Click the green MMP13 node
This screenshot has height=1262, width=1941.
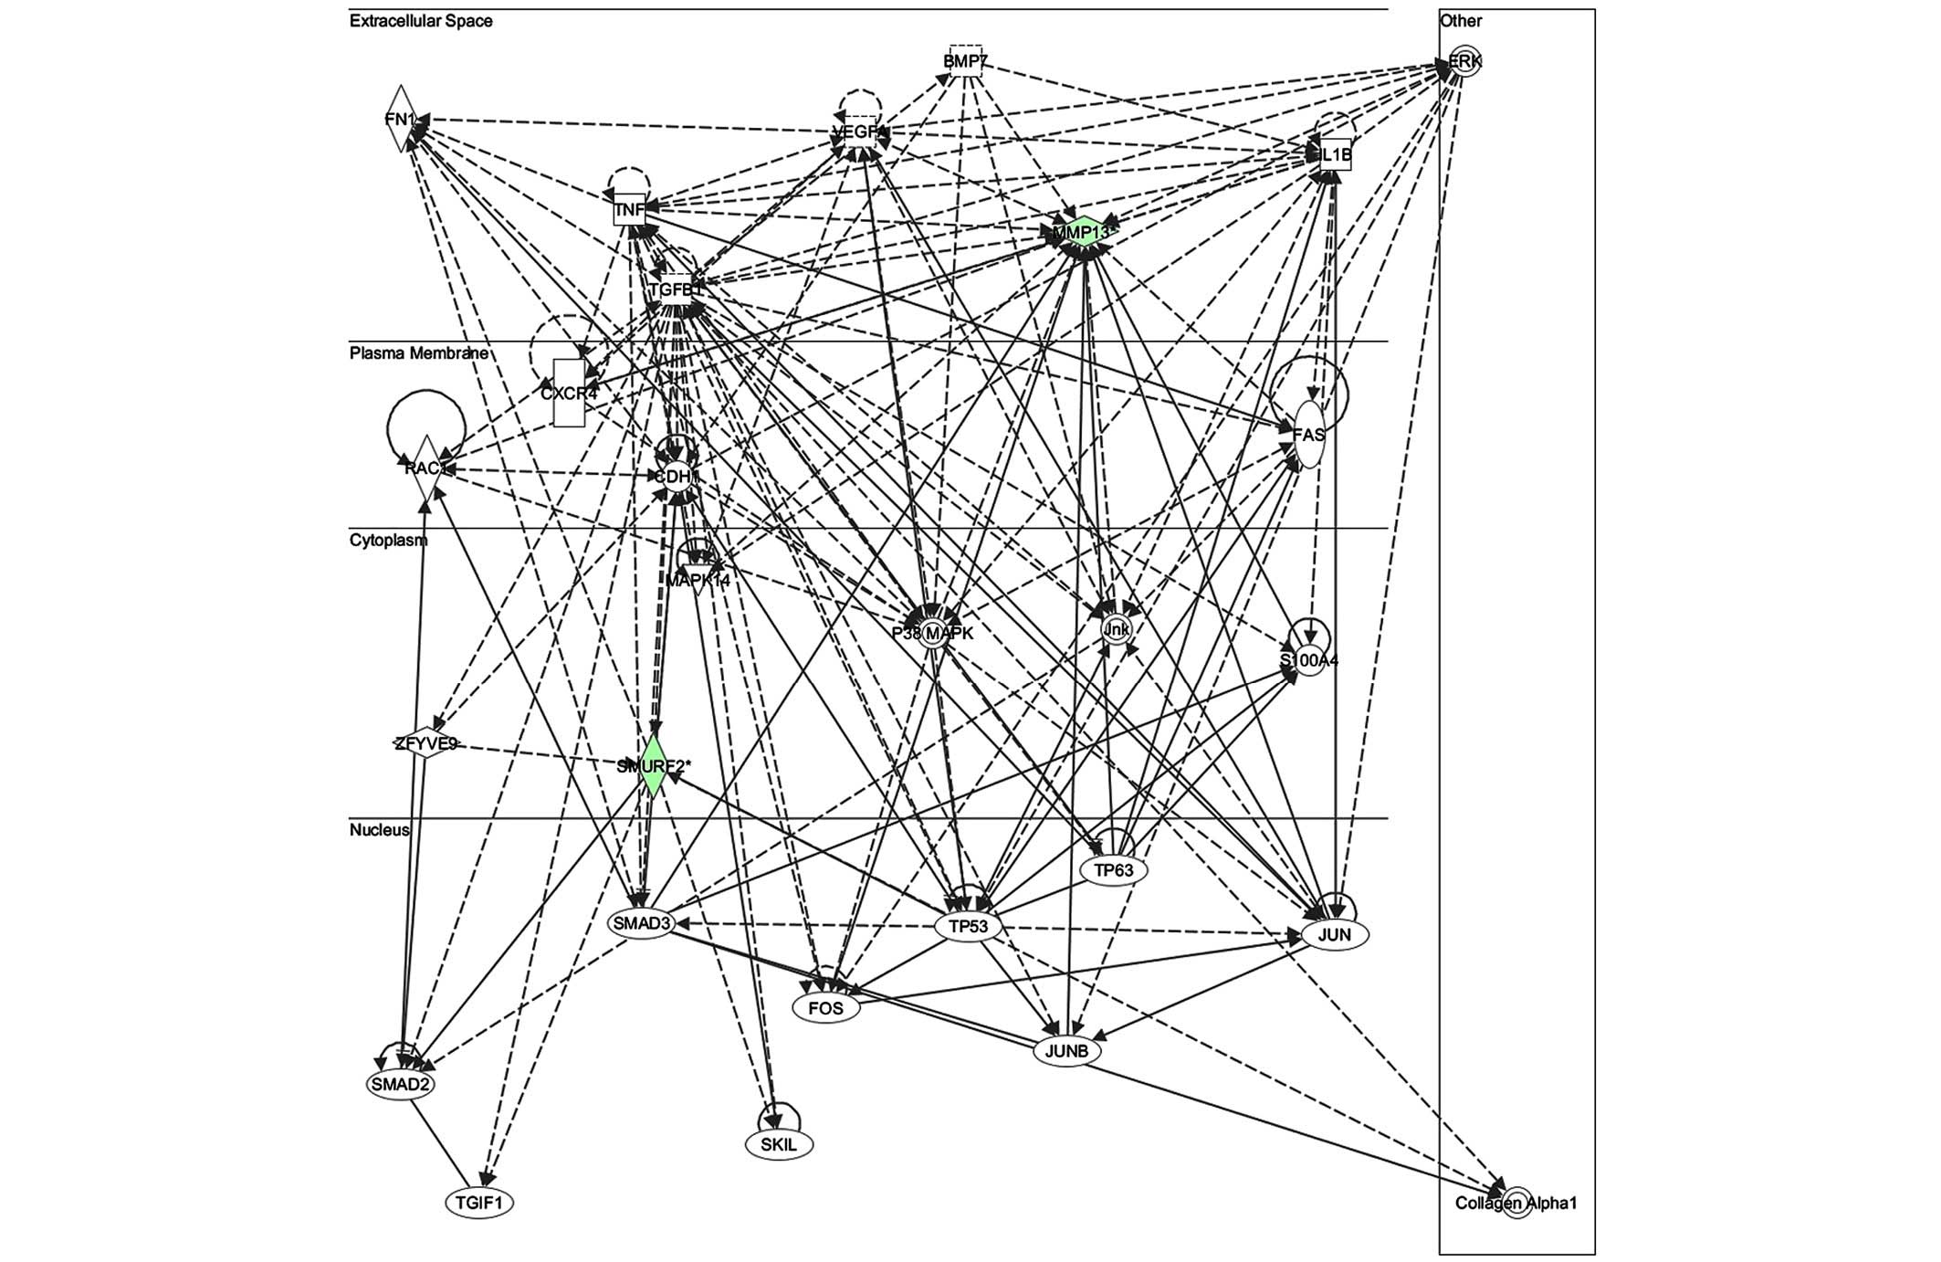pos(1083,233)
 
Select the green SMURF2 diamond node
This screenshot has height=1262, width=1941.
pos(652,766)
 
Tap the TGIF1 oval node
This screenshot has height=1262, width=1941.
pos(479,1203)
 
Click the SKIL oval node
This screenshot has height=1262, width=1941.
pos(779,1144)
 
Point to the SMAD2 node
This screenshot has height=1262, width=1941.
pos(399,1084)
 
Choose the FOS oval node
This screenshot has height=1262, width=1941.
pos(826,1009)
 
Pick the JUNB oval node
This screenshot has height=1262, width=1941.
pos(1066,1051)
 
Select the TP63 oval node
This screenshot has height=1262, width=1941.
pos(1113,870)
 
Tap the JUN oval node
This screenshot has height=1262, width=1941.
pos(1334,934)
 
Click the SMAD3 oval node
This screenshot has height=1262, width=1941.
pos(642,923)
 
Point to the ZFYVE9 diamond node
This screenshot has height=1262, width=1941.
pos(425,744)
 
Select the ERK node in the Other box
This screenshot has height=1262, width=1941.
pos(1464,62)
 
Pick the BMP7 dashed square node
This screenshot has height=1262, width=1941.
pos(965,61)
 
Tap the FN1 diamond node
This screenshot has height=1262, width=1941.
pos(400,119)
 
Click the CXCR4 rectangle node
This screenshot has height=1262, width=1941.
pos(569,393)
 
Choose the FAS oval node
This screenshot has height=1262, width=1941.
pos(1308,435)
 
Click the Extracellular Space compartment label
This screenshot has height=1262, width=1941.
pos(421,21)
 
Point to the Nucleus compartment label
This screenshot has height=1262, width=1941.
pos(380,830)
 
